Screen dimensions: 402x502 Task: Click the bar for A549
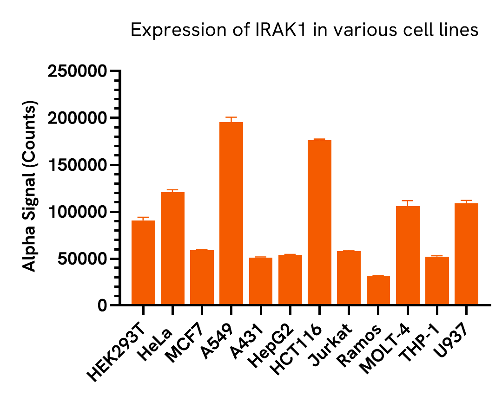[231, 214]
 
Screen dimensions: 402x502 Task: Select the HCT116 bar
[319, 223]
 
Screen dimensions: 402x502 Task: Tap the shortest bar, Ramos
[378, 290]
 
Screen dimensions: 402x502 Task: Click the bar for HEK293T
[143, 262]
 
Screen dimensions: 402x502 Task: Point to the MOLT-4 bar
[408, 255]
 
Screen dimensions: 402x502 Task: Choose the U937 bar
[466, 254]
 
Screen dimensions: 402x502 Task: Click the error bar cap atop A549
[231, 117]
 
